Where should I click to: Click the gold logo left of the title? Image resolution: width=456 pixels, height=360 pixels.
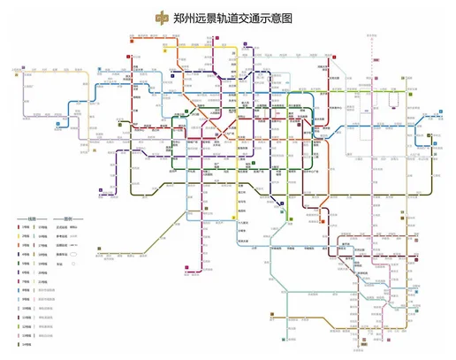click(x=159, y=17)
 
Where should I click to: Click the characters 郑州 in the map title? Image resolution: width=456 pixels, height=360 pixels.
click(x=187, y=17)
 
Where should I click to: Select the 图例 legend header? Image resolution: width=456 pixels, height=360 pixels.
click(x=68, y=218)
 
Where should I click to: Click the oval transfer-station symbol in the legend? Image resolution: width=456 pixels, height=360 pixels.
click(x=73, y=254)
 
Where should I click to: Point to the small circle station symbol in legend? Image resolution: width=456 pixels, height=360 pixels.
click(x=73, y=264)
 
